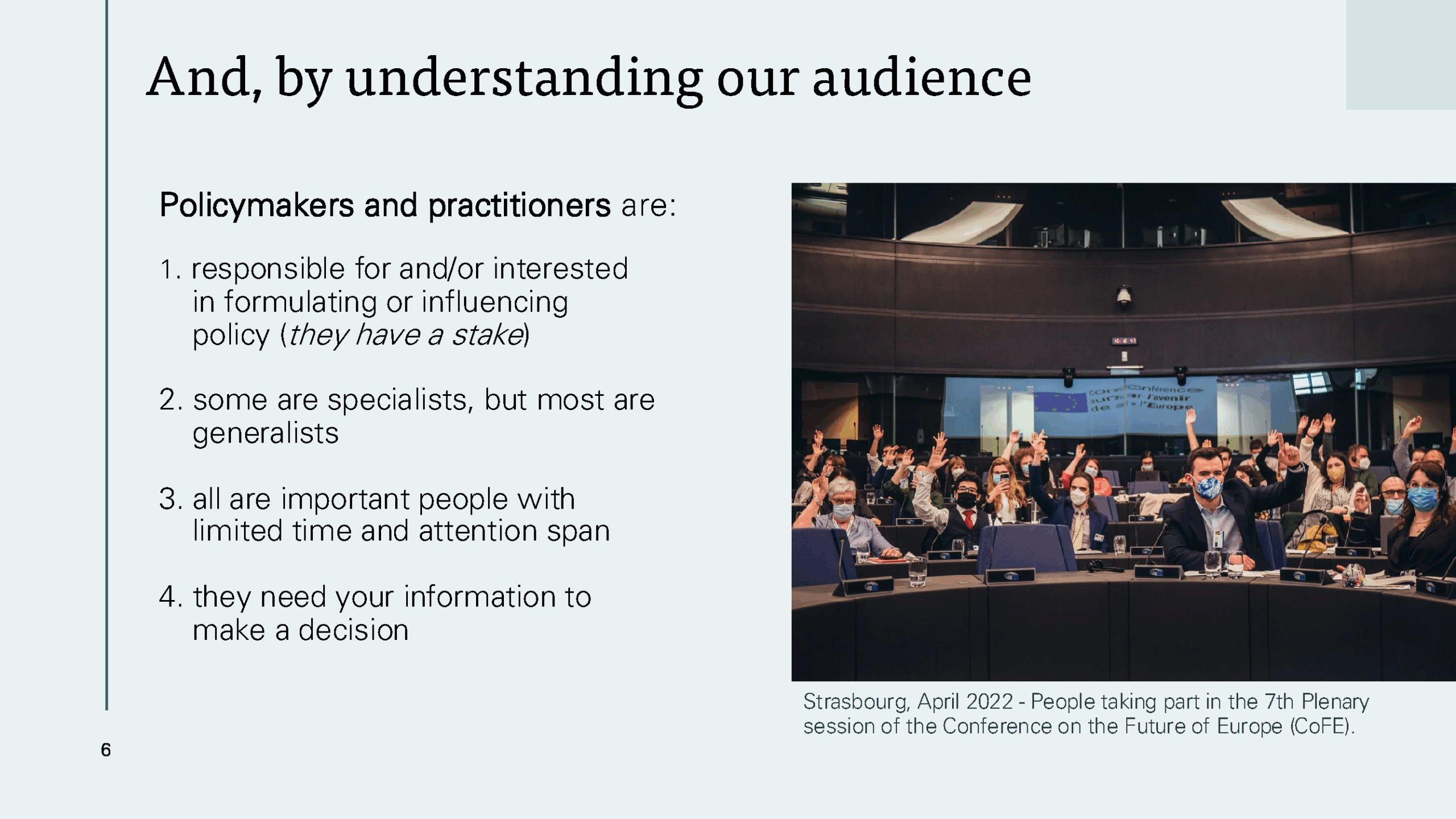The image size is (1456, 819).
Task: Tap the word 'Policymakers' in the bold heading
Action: pyautogui.click(x=257, y=206)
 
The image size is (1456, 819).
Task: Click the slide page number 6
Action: pyautogui.click(x=106, y=750)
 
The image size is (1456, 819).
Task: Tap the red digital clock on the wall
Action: pyautogui.click(x=1124, y=341)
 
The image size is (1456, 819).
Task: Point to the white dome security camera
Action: pyautogui.click(x=1124, y=296)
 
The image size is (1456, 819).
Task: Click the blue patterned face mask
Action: pyautogui.click(x=1206, y=488)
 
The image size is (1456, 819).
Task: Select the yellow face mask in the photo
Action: pyautogui.click(x=1335, y=474)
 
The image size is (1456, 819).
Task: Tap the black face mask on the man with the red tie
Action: pyautogui.click(x=966, y=500)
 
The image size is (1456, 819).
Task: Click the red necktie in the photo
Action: pyautogui.click(x=969, y=519)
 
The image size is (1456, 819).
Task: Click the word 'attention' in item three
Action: pyautogui.click(x=478, y=532)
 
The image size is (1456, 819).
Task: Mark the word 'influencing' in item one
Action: pyautogui.click(x=495, y=303)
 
